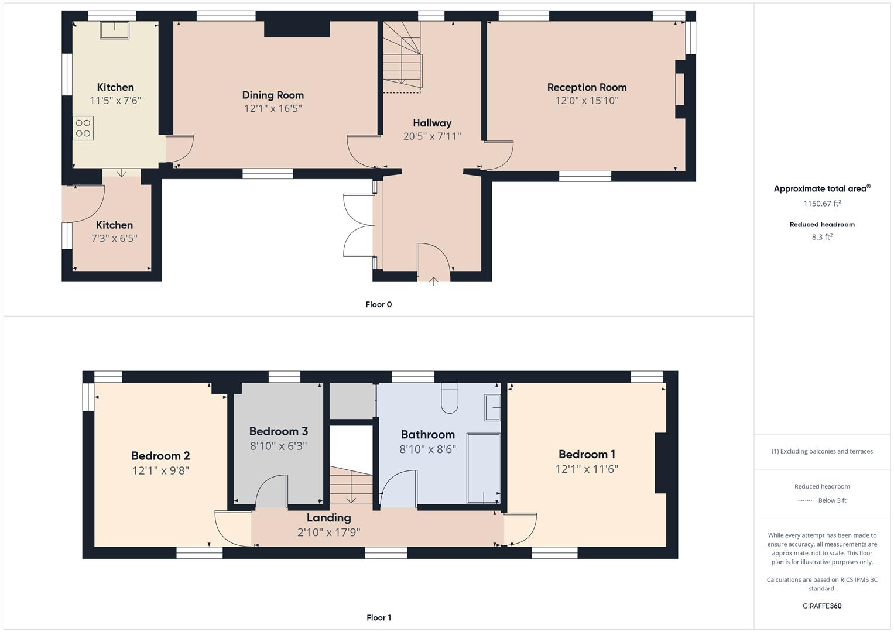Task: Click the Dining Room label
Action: pos(273,95)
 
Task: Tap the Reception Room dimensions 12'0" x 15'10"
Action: pos(587,101)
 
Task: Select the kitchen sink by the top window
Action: pos(114,30)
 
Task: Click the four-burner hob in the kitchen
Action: pos(83,128)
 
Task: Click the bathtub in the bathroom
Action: pos(483,468)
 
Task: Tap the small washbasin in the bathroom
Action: pos(492,407)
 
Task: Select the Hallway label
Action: pos(432,123)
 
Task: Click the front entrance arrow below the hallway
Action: pos(433,281)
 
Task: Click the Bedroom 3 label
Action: pos(278,431)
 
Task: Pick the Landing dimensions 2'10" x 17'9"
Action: pos(328,533)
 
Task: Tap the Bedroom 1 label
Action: pos(587,454)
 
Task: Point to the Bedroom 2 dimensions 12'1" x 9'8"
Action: pos(160,470)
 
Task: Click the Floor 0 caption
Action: pos(378,304)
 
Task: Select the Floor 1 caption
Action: pos(378,617)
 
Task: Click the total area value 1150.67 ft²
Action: pos(822,204)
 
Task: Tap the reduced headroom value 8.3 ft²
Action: pos(822,237)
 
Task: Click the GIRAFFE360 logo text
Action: pos(822,606)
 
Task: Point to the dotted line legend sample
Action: pos(806,500)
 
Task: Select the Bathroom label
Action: pos(427,434)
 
